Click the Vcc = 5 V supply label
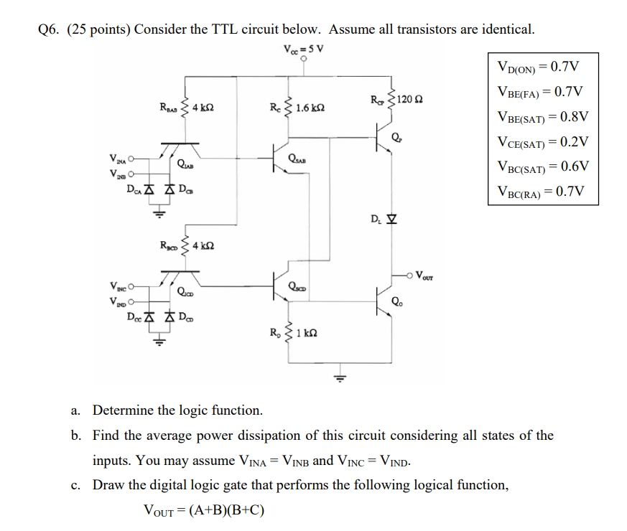(x=304, y=50)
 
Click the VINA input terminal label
(x=116, y=158)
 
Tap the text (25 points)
(x=98, y=29)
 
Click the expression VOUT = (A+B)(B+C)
(x=205, y=510)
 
